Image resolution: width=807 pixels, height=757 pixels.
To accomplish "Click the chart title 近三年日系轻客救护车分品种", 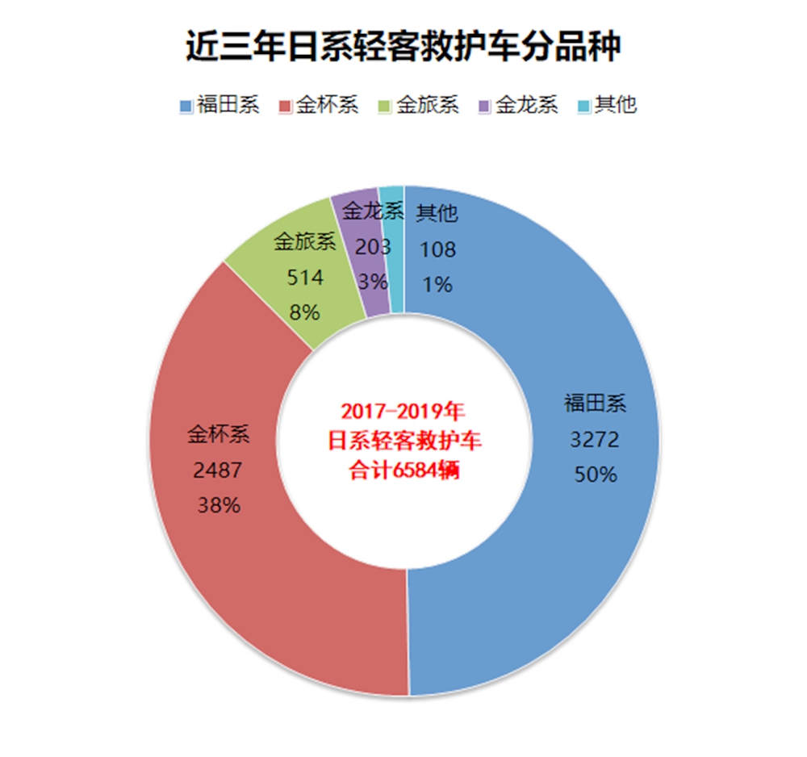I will click(x=403, y=46).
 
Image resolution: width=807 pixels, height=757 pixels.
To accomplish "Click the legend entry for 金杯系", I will click(x=319, y=106).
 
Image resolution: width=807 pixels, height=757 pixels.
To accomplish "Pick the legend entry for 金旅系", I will click(x=419, y=106).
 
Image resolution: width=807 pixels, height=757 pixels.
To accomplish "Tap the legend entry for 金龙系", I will click(x=518, y=106).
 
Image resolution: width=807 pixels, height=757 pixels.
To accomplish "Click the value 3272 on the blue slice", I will click(x=595, y=440).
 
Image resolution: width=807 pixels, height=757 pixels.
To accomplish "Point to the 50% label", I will click(x=595, y=475).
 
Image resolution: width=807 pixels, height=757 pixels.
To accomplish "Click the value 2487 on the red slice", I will click(x=218, y=471).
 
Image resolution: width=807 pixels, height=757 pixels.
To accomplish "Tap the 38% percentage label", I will click(x=218, y=506).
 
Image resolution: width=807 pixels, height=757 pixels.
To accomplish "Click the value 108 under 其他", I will click(x=437, y=249).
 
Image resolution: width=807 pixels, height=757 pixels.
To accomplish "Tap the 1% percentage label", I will click(x=437, y=284).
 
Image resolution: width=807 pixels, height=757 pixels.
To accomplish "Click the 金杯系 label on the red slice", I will click(x=218, y=436).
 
